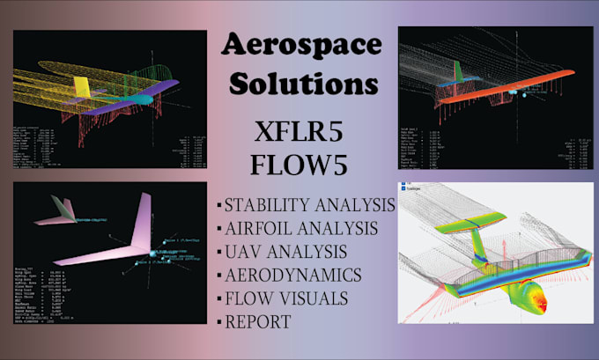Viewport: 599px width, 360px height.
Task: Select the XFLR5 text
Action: (301, 133)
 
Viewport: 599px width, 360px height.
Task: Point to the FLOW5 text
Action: (301, 167)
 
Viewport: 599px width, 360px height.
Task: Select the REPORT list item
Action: (258, 321)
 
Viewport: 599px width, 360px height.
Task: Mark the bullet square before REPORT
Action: (219, 322)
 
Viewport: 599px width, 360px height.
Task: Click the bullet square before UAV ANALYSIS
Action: (219, 253)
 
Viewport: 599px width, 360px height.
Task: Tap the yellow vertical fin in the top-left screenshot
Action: (82, 87)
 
